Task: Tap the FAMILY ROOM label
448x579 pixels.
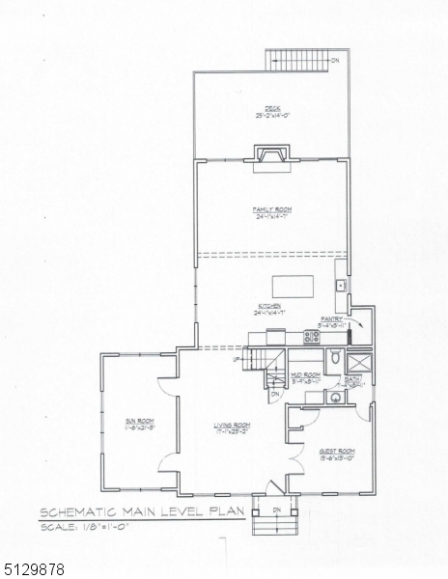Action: (x=272, y=211)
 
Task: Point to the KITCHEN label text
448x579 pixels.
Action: (x=267, y=309)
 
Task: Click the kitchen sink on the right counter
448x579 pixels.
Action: (x=341, y=286)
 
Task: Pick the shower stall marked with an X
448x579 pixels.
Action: (x=360, y=362)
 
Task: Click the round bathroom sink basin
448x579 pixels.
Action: (x=333, y=397)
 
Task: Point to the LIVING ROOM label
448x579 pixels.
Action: (x=233, y=427)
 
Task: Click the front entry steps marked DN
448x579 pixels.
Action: (x=274, y=523)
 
